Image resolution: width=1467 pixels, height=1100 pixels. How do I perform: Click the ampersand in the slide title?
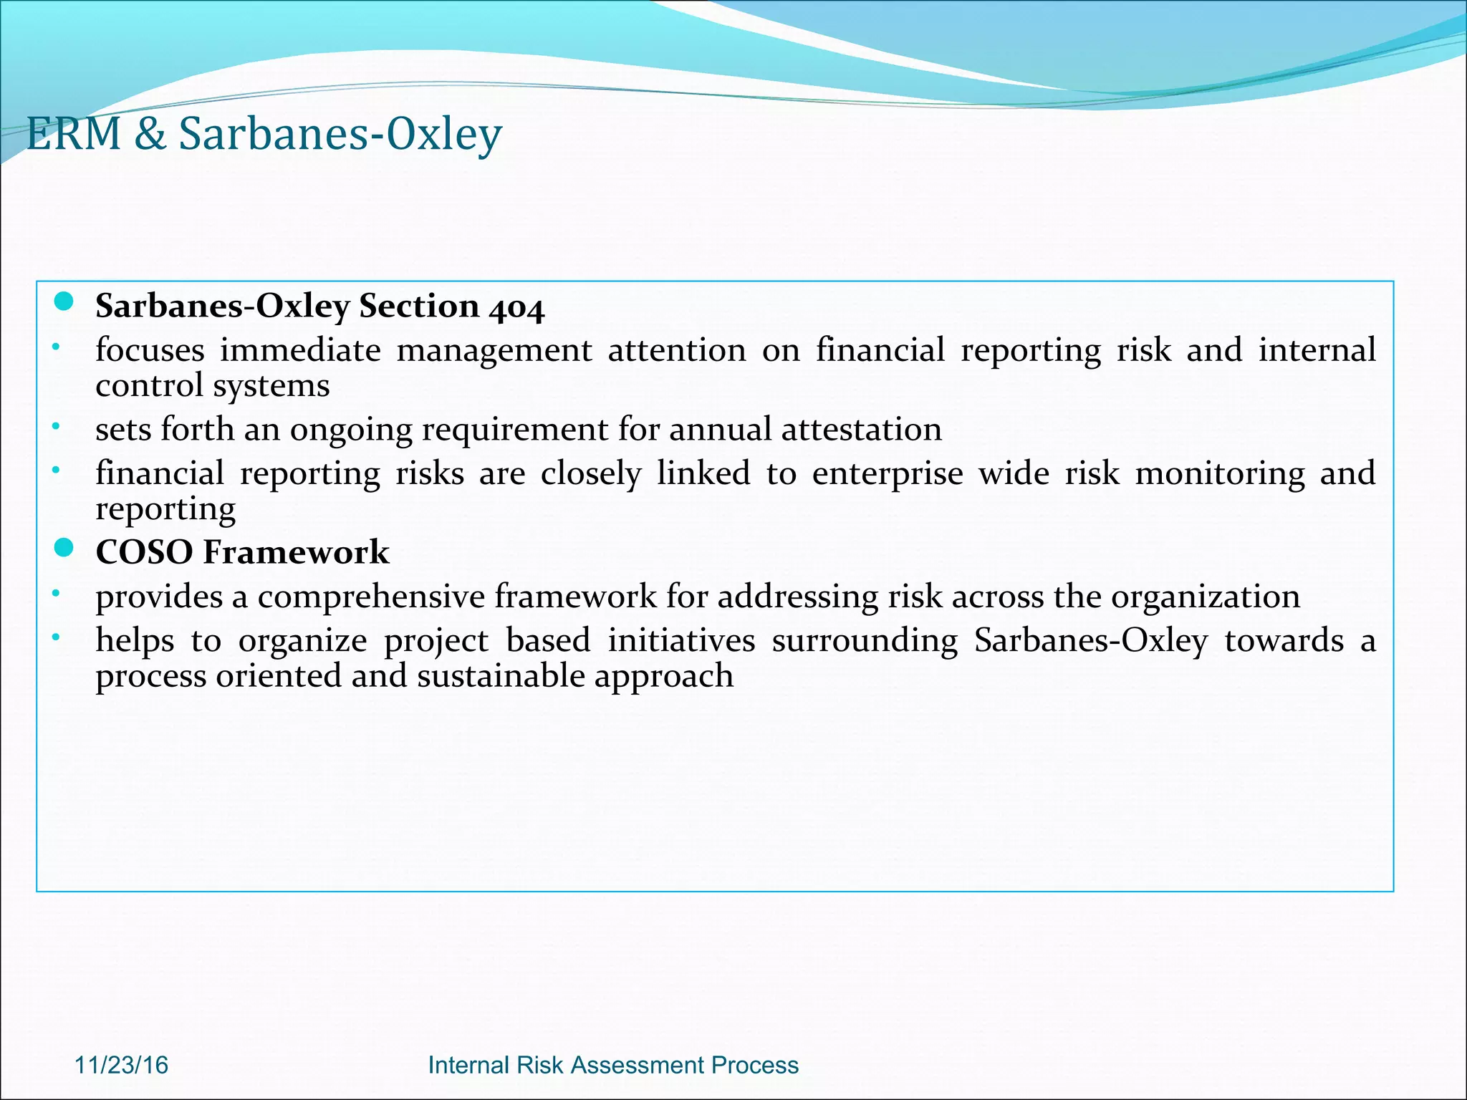[x=149, y=134]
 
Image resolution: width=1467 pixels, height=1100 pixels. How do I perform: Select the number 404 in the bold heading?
[x=517, y=308]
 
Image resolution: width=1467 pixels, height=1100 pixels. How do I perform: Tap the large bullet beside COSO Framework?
[x=64, y=549]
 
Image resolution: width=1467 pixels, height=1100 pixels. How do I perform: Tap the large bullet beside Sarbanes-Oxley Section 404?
[x=64, y=302]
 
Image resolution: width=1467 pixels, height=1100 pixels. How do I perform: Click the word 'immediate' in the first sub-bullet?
[x=300, y=350]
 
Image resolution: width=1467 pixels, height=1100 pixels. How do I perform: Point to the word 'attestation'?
[x=862, y=430]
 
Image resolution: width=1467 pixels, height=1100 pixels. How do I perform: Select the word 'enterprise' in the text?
[x=888, y=475]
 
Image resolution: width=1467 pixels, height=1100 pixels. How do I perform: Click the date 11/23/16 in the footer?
[x=121, y=1065]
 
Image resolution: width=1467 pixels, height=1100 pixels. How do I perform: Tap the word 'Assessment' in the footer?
[x=627, y=1065]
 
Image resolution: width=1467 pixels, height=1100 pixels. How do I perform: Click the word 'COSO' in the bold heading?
[x=144, y=552]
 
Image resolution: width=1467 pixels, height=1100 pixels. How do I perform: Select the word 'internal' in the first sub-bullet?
[x=1317, y=350]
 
